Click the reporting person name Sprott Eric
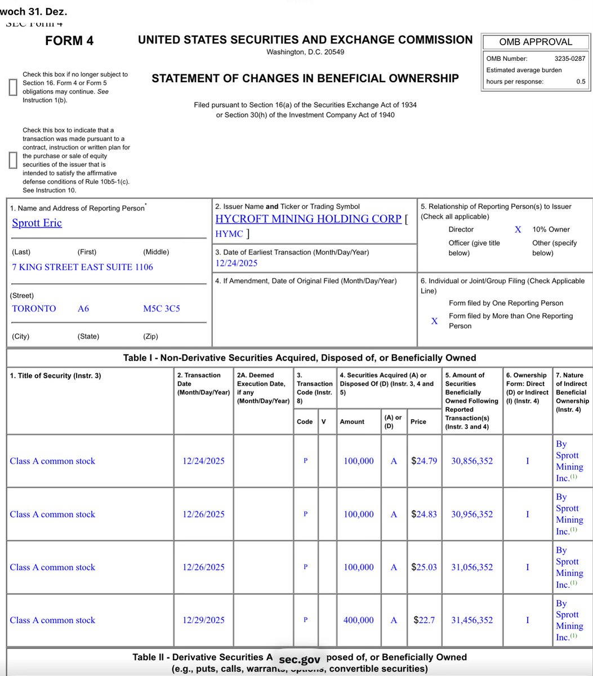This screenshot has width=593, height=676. [x=37, y=223]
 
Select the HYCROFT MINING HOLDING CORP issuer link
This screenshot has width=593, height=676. [x=308, y=219]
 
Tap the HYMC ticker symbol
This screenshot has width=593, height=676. [x=230, y=233]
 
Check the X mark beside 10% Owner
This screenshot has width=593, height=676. [x=518, y=229]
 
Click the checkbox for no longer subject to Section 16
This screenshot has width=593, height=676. [x=13, y=87]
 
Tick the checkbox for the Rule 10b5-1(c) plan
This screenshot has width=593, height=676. [x=13, y=160]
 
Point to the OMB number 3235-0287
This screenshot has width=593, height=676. [x=569, y=58]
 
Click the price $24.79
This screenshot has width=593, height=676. [x=423, y=461]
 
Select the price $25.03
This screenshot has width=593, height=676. [x=423, y=567]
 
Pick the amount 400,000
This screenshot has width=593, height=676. [x=358, y=620]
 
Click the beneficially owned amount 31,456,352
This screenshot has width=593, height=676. [x=472, y=620]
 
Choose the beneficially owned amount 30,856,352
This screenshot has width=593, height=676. [x=472, y=461]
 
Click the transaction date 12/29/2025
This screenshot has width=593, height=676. [x=203, y=620]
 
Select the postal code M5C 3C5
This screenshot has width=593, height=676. [x=162, y=309]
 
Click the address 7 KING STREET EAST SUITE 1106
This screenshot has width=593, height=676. [x=82, y=267]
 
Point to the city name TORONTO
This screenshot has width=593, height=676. [x=34, y=309]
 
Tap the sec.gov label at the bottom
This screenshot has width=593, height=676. [x=299, y=660]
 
